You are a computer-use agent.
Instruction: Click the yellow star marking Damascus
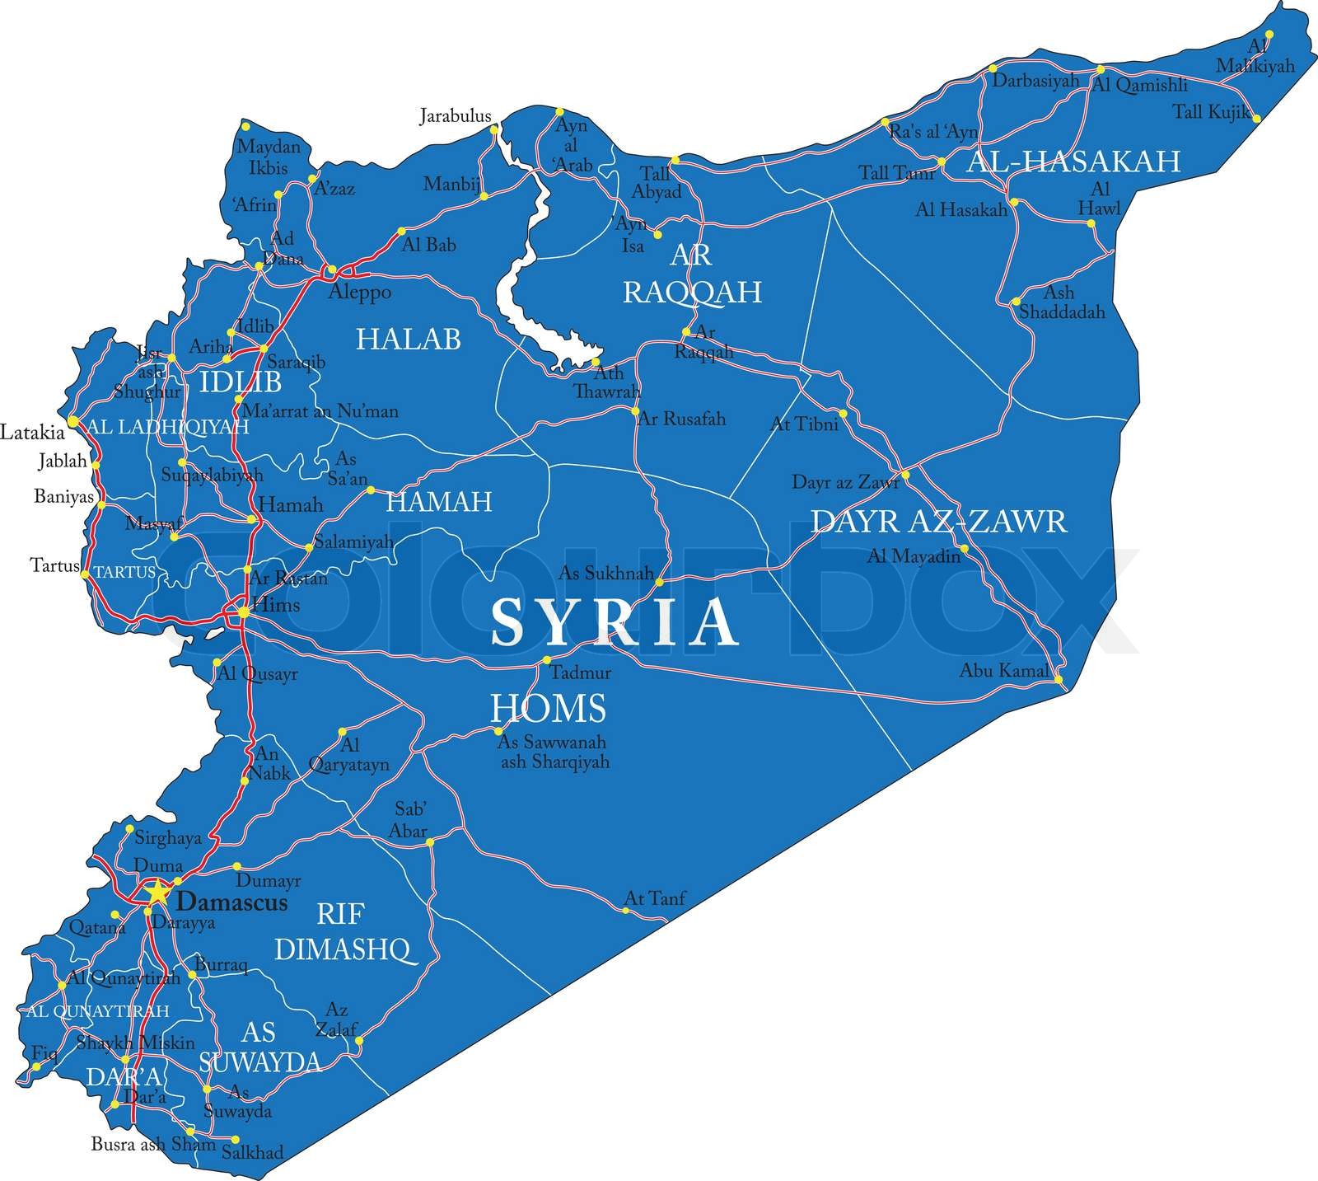pyautogui.click(x=155, y=892)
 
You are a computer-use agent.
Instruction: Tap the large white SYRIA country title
pyautogui.click(x=613, y=622)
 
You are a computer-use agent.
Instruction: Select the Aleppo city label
pyautogui.click(x=359, y=292)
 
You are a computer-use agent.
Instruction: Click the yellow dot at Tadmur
pyautogui.click(x=546, y=659)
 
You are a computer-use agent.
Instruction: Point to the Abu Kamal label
pyautogui.click(x=1003, y=670)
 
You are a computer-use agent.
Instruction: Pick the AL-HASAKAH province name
pyautogui.click(x=1073, y=161)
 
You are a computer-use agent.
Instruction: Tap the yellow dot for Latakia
pyautogui.click(x=72, y=421)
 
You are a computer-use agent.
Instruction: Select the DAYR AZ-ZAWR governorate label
pyautogui.click(x=938, y=521)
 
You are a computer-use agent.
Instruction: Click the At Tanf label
pyautogui.click(x=655, y=897)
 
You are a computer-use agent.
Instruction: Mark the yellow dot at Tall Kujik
pyautogui.click(x=1256, y=119)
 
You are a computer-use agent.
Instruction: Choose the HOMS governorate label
pyautogui.click(x=548, y=708)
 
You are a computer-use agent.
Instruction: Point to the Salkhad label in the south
pyautogui.click(x=252, y=1152)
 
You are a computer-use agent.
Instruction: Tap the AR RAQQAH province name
pyautogui.click(x=691, y=274)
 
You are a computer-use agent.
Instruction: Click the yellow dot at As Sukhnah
pyautogui.click(x=659, y=582)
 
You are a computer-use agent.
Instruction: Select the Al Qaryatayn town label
pyautogui.click(x=348, y=755)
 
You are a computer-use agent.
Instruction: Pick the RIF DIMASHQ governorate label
pyautogui.click(x=341, y=931)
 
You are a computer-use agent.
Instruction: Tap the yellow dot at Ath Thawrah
pyautogui.click(x=595, y=361)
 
